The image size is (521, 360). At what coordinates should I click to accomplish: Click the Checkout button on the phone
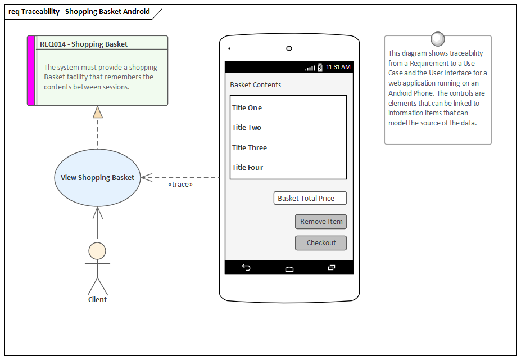pyautogui.click(x=321, y=243)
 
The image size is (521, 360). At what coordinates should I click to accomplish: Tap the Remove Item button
pyautogui.click(x=321, y=222)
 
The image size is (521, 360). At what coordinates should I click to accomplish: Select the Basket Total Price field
pyautogui.click(x=310, y=198)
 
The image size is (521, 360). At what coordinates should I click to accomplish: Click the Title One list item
pyautogui.click(x=247, y=108)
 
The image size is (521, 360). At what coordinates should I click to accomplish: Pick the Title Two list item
pyautogui.click(x=247, y=128)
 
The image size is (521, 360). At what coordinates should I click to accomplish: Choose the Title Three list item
pyautogui.click(x=250, y=148)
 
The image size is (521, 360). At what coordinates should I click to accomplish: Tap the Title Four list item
pyautogui.click(x=248, y=168)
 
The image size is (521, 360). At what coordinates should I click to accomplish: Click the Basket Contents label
pyautogui.click(x=256, y=85)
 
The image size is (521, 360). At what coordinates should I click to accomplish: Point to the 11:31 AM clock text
pyautogui.click(x=338, y=67)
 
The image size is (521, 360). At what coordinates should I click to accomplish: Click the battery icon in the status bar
pyautogui.click(x=320, y=67)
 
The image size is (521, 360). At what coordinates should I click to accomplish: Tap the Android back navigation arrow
pyautogui.click(x=246, y=268)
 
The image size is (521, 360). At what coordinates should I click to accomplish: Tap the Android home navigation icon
pyautogui.click(x=289, y=268)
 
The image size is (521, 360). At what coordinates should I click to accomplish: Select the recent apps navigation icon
pyautogui.click(x=332, y=268)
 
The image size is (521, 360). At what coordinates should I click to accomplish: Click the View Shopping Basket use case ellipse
pyautogui.click(x=97, y=178)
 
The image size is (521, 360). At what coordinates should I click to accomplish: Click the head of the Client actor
pyautogui.click(x=97, y=250)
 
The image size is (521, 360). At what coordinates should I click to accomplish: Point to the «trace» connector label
pyautogui.click(x=180, y=184)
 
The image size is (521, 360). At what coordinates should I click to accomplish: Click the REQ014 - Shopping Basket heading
pyautogui.click(x=84, y=44)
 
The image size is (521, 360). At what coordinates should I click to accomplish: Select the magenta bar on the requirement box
pyautogui.click(x=31, y=71)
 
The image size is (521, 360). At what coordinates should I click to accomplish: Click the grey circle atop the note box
pyautogui.click(x=437, y=39)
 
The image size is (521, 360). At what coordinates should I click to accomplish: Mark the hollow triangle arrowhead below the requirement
pyautogui.click(x=98, y=112)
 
